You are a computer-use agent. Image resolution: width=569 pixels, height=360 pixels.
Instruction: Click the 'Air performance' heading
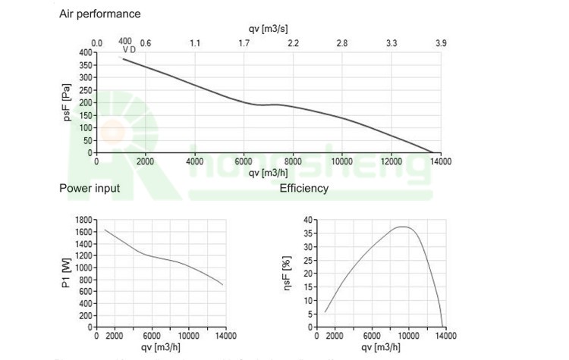coord(99,14)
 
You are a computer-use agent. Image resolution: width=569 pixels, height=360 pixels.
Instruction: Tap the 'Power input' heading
coord(90,188)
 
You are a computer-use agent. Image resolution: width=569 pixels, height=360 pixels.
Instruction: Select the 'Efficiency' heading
coord(304,188)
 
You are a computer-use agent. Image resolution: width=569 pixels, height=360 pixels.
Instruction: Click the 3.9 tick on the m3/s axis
coord(441,43)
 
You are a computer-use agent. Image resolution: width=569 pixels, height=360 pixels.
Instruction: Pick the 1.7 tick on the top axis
coord(244,43)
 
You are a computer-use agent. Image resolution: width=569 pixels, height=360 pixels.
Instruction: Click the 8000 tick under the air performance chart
coord(294,161)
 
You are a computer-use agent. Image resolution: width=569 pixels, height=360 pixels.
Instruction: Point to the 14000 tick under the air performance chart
coord(441,161)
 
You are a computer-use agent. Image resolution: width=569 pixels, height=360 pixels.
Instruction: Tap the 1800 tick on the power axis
coord(83,220)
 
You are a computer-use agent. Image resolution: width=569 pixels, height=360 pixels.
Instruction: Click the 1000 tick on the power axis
coord(83,268)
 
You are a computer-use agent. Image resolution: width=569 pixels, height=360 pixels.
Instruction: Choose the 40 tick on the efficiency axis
coord(309,220)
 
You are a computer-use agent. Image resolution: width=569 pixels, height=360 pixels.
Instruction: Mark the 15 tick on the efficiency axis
coord(309,286)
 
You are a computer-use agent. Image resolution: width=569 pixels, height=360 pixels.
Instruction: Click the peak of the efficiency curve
coord(404,227)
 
